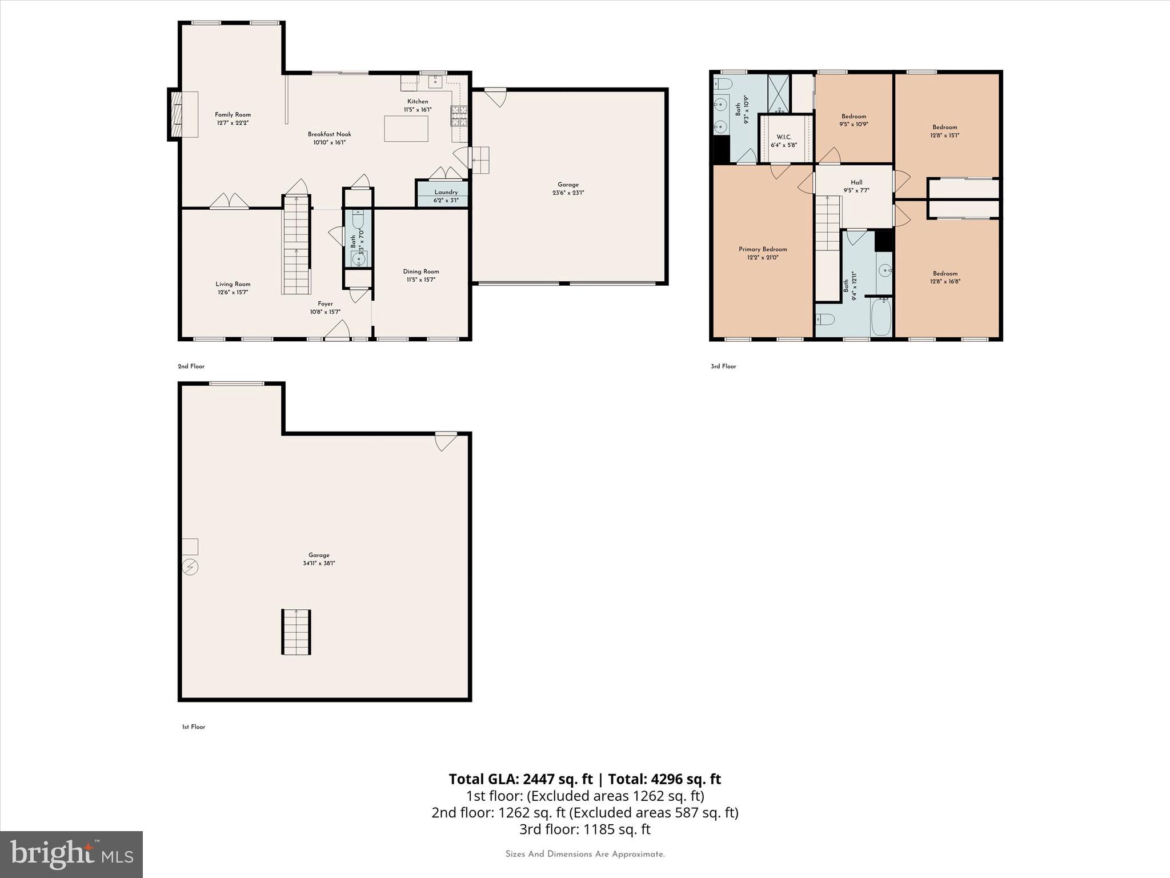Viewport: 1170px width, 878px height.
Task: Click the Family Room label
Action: (x=233, y=115)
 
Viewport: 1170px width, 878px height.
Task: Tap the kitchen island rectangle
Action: (x=406, y=128)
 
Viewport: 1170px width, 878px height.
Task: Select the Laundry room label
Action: (x=446, y=192)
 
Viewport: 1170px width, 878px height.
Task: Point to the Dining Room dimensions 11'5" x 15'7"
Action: (x=420, y=280)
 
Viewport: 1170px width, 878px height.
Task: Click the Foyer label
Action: (x=325, y=304)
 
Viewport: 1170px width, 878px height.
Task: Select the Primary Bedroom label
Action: (x=763, y=249)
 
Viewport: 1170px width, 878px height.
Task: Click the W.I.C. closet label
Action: (x=783, y=137)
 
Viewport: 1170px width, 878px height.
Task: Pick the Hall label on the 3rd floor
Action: (x=856, y=183)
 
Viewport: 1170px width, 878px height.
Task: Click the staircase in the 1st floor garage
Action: (x=296, y=632)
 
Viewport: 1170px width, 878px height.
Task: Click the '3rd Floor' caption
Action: (x=723, y=366)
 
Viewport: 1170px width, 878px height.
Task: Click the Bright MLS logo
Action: (x=71, y=854)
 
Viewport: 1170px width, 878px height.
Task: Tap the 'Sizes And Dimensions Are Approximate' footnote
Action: (x=585, y=854)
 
